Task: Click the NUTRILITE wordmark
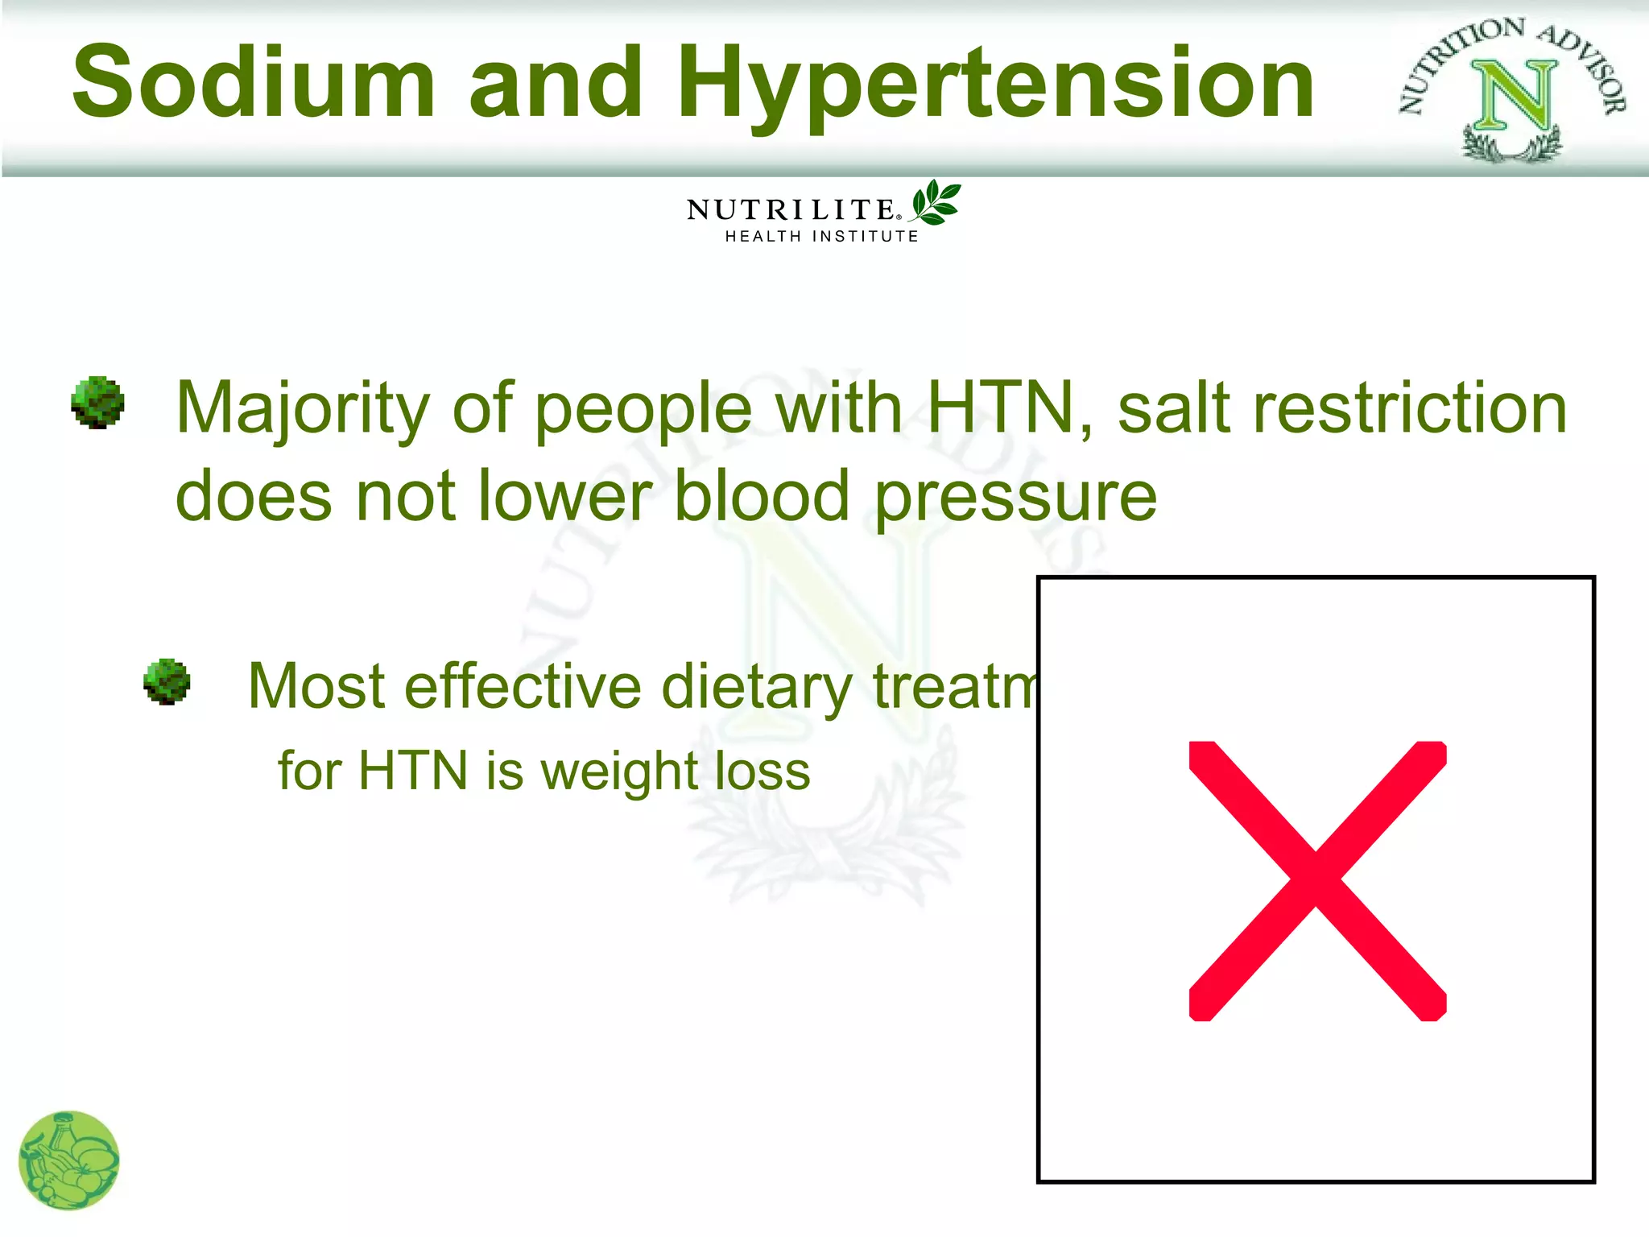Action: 791,210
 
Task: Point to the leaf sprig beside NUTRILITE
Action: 936,202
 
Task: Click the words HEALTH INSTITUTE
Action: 821,236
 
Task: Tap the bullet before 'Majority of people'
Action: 97,402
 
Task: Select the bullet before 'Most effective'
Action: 167,681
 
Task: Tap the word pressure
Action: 1015,498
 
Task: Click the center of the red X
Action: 1316,880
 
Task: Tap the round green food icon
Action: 68,1160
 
